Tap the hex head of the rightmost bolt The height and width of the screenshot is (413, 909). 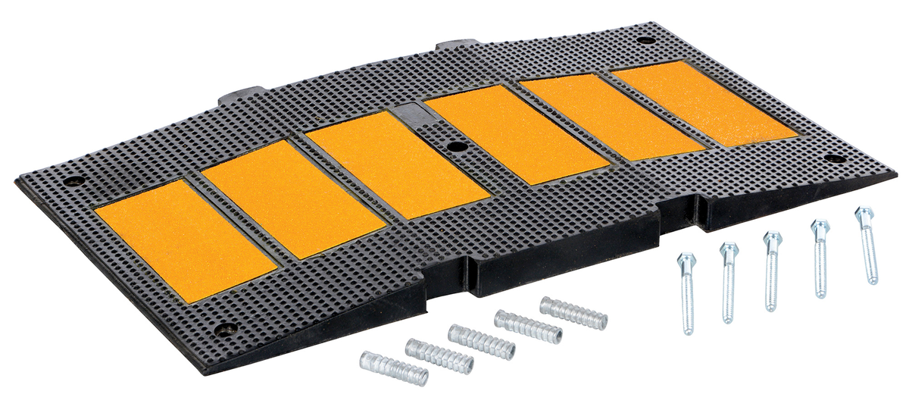coord(864,214)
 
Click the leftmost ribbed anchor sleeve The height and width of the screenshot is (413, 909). coord(394,368)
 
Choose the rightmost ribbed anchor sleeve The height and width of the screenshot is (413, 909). coord(573,313)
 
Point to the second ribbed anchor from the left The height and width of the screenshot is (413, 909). coord(439,356)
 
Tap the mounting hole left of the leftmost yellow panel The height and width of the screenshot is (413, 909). coord(73,181)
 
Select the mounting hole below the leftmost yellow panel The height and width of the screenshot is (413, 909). coord(225,329)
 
